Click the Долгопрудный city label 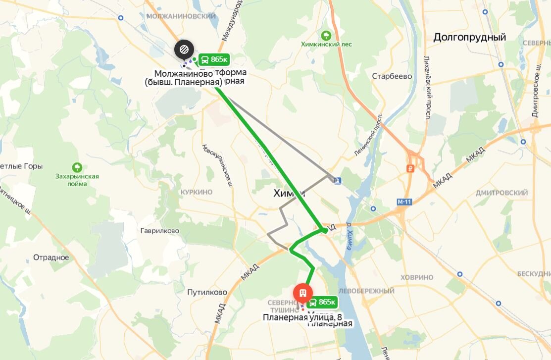469,37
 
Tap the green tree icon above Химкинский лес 326,35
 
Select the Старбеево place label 392,76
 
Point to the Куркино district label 196,192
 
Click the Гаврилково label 159,231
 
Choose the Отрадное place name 51,257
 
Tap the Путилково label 207,292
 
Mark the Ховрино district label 417,277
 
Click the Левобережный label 366,291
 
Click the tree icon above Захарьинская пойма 77,167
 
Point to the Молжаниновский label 181,16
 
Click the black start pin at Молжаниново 184,49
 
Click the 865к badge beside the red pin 323,302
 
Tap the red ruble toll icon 409,168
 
